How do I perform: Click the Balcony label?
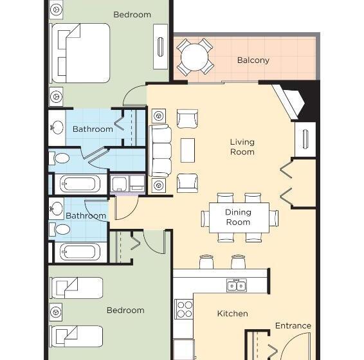click(x=253, y=60)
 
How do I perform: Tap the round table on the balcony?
click(x=195, y=58)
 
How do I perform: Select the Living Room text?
click(x=242, y=147)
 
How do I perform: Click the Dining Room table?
click(x=238, y=217)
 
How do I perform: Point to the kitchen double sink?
click(x=236, y=285)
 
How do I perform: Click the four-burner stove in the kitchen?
click(x=184, y=309)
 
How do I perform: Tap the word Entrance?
click(x=293, y=326)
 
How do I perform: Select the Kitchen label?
click(x=232, y=314)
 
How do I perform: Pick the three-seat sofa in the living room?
click(x=160, y=150)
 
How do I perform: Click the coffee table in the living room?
click(x=187, y=150)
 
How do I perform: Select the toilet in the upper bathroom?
click(x=61, y=158)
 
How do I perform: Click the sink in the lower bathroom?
click(x=57, y=207)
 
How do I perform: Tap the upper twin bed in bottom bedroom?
click(x=77, y=288)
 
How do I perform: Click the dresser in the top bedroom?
click(x=160, y=46)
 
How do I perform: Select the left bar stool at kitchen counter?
click(x=206, y=262)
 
